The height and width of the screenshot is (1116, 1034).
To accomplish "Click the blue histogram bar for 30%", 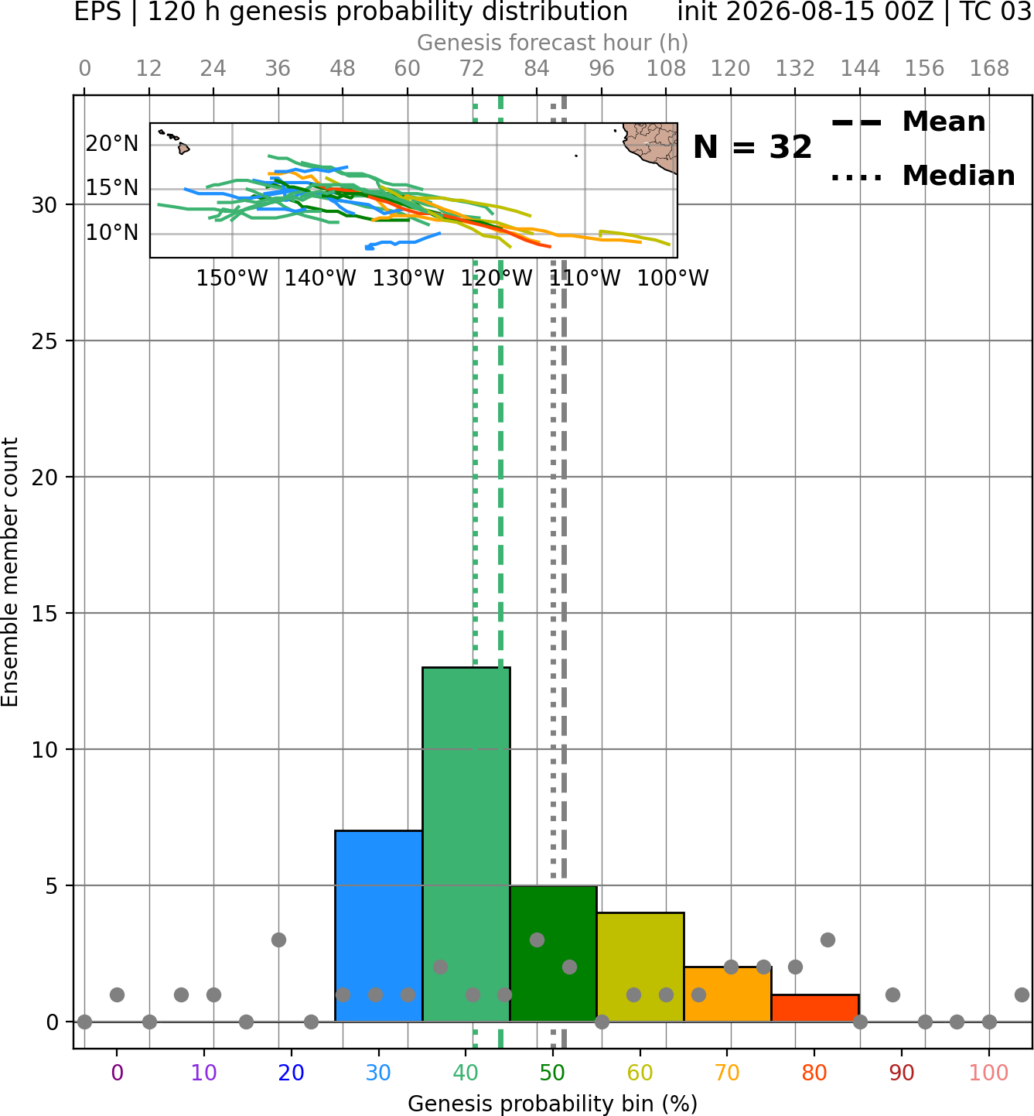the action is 378,926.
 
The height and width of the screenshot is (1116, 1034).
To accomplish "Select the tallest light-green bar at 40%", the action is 466,844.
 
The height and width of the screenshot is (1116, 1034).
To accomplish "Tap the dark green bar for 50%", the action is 553,953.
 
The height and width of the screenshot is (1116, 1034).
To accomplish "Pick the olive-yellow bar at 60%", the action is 640,967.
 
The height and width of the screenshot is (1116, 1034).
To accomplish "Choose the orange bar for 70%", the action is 728,994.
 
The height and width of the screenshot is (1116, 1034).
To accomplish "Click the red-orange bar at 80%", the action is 815,1008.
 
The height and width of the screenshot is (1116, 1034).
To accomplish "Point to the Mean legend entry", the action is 908,122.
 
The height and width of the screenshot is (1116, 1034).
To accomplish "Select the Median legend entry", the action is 923,176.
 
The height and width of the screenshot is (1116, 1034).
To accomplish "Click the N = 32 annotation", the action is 752,147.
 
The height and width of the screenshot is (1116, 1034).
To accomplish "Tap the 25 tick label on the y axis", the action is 44,341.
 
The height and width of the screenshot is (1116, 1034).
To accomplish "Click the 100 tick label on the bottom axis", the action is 989,1073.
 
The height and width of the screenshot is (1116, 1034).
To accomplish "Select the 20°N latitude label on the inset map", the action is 112,144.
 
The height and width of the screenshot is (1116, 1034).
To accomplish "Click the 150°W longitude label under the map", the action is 232,278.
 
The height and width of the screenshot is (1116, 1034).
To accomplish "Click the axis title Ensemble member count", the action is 9,572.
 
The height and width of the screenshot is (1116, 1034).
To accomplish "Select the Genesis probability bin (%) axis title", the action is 553,1104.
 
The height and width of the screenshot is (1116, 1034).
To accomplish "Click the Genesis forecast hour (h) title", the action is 553,43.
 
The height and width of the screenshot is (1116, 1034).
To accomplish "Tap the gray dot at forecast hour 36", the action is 278,940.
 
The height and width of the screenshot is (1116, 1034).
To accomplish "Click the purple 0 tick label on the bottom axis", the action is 117,1073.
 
